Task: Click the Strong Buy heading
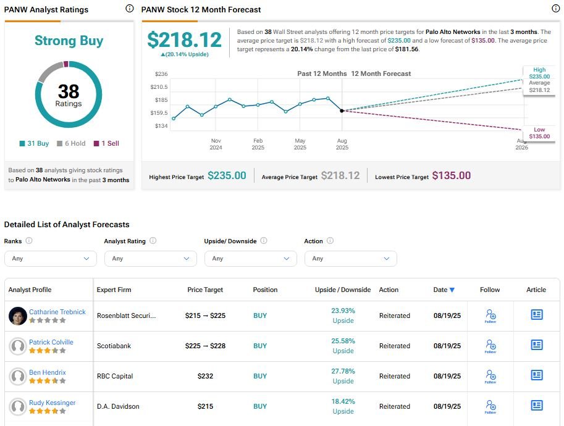click(x=69, y=41)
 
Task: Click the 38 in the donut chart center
click(x=69, y=91)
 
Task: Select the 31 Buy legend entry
click(x=34, y=143)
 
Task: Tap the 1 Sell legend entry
click(x=106, y=143)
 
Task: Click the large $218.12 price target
click(x=184, y=40)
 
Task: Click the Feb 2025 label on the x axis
click(x=258, y=144)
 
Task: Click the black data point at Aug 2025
click(x=342, y=111)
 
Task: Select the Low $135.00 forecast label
click(x=539, y=133)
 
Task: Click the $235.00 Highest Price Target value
click(x=227, y=176)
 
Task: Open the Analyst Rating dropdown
click(x=151, y=259)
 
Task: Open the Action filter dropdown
click(x=351, y=259)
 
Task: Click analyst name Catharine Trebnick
click(x=57, y=312)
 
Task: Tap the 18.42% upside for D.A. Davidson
click(x=343, y=401)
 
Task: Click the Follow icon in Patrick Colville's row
click(x=490, y=346)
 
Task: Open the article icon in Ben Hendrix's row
click(x=536, y=375)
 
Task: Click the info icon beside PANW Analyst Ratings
click(x=129, y=9)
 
